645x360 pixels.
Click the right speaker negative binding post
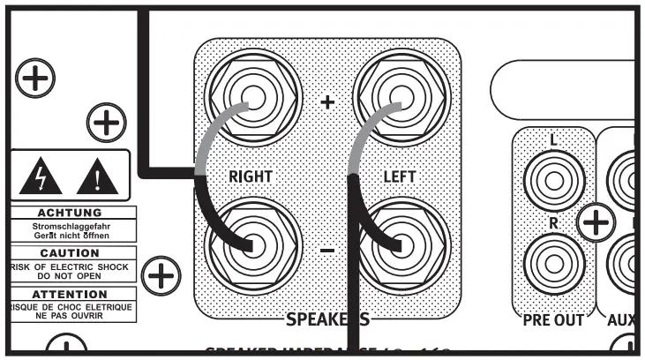coord(251,244)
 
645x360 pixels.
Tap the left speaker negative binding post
coord(401,244)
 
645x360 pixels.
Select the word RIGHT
coord(251,176)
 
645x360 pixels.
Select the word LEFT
coord(399,176)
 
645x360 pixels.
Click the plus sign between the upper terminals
coord(327,101)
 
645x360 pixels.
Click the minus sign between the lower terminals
coord(327,251)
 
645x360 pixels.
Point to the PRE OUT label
coord(554,320)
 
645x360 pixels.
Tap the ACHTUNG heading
coord(70,213)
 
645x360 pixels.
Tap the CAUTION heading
coord(70,253)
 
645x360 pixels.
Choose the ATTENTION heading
coord(70,293)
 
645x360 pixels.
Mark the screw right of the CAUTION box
coord(161,277)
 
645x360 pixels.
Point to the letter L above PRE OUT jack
coord(553,140)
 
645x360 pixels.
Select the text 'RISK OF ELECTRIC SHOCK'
coord(70,265)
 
